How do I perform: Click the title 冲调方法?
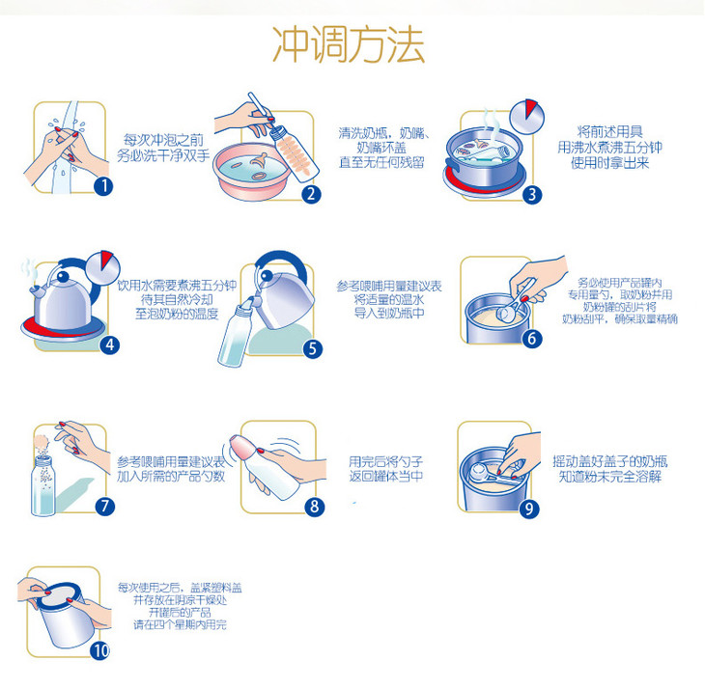click(349, 44)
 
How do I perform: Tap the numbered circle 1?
click(103, 185)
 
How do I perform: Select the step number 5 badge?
click(313, 348)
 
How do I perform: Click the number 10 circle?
click(99, 650)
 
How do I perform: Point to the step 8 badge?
click(314, 506)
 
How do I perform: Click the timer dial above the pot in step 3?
click(526, 117)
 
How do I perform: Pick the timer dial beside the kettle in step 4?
click(102, 268)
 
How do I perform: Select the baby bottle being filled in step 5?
click(236, 333)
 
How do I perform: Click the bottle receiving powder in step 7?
click(43, 485)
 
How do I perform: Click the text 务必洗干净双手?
click(163, 155)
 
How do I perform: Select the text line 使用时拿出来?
click(610, 162)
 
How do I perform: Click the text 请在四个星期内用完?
click(181, 624)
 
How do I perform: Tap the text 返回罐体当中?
click(386, 476)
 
